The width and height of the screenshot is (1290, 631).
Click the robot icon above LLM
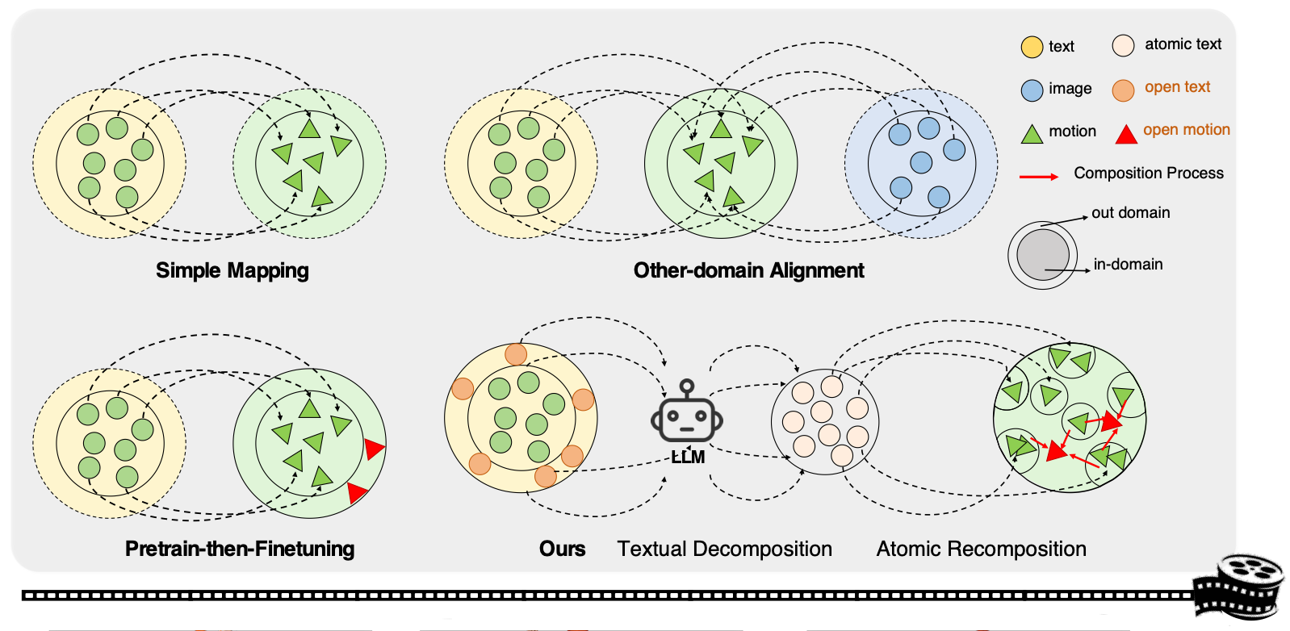pos(686,413)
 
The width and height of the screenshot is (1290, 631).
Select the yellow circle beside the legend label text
pos(1032,47)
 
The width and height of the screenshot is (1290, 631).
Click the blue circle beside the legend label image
pos(1032,90)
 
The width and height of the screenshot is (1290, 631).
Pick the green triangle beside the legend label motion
pos(1032,134)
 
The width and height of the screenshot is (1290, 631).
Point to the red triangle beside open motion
pos(1126,134)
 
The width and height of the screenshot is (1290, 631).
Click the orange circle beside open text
pos(1123,90)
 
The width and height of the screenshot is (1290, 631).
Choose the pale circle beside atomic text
pos(1123,45)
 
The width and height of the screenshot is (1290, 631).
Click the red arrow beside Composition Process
pos(1039,176)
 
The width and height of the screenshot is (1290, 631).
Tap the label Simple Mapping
pos(232,270)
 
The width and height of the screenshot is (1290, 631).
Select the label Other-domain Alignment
pos(748,270)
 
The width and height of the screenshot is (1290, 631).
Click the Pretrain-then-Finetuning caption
pos(240,549)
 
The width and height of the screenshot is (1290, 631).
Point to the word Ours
pos(562,549)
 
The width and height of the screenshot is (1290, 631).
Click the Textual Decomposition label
pos(724,549)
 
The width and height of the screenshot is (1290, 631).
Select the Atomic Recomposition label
pos(981,549)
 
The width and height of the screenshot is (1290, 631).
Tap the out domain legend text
pos(1130,212)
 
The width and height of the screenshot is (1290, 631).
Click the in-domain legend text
pos(1128,264)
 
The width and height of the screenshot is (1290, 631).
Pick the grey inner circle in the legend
pos(1042,254)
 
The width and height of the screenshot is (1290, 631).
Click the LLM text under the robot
pos(688,458)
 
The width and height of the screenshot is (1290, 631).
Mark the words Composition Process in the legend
pos(1148,173)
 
